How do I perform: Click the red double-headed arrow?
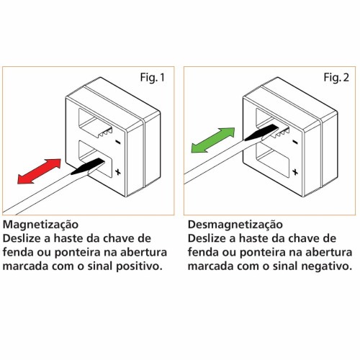39,171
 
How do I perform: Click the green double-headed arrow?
213,140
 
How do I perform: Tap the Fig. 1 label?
153,78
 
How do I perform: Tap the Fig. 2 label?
336,78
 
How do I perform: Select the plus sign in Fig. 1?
118,172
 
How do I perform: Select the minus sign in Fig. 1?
118,143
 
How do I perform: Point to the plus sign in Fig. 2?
295,172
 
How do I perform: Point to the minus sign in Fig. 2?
295,143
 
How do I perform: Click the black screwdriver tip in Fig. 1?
88,166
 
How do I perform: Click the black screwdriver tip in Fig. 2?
261,132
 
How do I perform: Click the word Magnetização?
40,225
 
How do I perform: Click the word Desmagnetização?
235,225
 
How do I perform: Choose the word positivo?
139,266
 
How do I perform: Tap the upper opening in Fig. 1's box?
96,122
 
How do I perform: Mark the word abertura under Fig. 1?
143,252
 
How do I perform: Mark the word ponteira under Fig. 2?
262,253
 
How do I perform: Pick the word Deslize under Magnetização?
22,238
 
